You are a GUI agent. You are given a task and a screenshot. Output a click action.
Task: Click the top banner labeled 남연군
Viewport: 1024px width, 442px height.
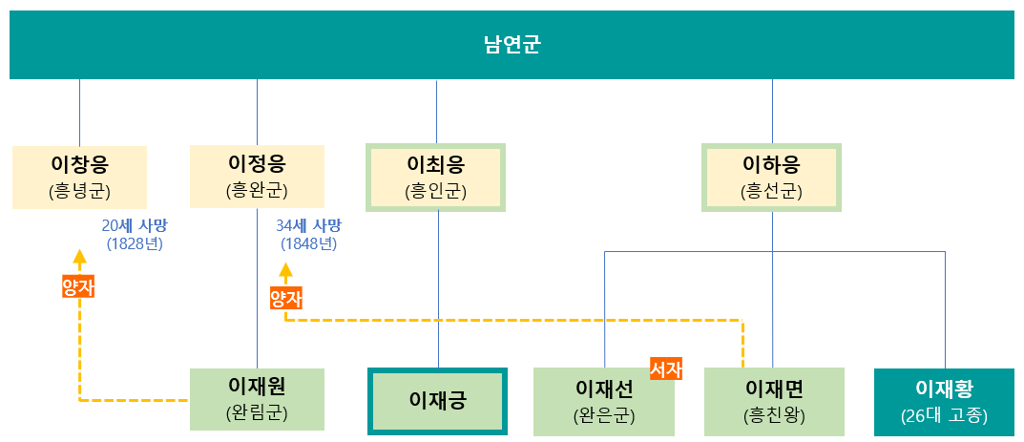pos(512,45)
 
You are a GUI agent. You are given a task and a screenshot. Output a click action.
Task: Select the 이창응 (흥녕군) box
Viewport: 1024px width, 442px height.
pos(80,178)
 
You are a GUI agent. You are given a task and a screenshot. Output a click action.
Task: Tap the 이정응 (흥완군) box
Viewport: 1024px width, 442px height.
pos(257,177)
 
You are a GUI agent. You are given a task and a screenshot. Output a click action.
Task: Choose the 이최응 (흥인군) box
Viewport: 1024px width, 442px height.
pos(436,177)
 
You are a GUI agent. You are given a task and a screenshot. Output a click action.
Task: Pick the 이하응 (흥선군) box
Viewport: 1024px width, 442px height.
pos(771,177)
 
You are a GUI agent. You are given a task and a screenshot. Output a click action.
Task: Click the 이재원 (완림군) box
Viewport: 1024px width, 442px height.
pos(257,399)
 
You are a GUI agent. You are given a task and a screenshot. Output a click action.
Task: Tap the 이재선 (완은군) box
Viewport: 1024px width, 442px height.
pos(603,401)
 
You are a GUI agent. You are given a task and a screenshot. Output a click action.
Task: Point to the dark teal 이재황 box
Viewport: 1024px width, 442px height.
pos(944,401)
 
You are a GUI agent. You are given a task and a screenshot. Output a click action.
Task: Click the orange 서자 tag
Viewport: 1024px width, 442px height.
pos(666,368)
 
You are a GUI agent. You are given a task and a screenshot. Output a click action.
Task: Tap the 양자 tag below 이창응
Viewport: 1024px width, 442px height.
pos(78,287)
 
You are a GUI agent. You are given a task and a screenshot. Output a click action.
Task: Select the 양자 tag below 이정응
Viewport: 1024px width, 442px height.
pos(285,298)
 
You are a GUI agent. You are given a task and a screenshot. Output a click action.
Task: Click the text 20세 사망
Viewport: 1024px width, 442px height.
pos(134,226)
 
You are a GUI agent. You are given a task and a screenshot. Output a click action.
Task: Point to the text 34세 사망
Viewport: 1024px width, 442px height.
pos(308,226)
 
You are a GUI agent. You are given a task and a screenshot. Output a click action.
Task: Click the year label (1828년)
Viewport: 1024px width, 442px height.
pos(135,243)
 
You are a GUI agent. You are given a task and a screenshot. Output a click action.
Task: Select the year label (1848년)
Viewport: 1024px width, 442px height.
pos(308,243)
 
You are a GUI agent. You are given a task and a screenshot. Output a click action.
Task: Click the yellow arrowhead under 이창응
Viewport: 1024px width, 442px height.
pos(79,257)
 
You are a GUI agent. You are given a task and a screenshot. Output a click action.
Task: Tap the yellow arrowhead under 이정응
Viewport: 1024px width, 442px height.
pos(285,270)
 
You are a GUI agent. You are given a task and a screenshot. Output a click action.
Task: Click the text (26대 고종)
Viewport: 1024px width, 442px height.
pos(944,416)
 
